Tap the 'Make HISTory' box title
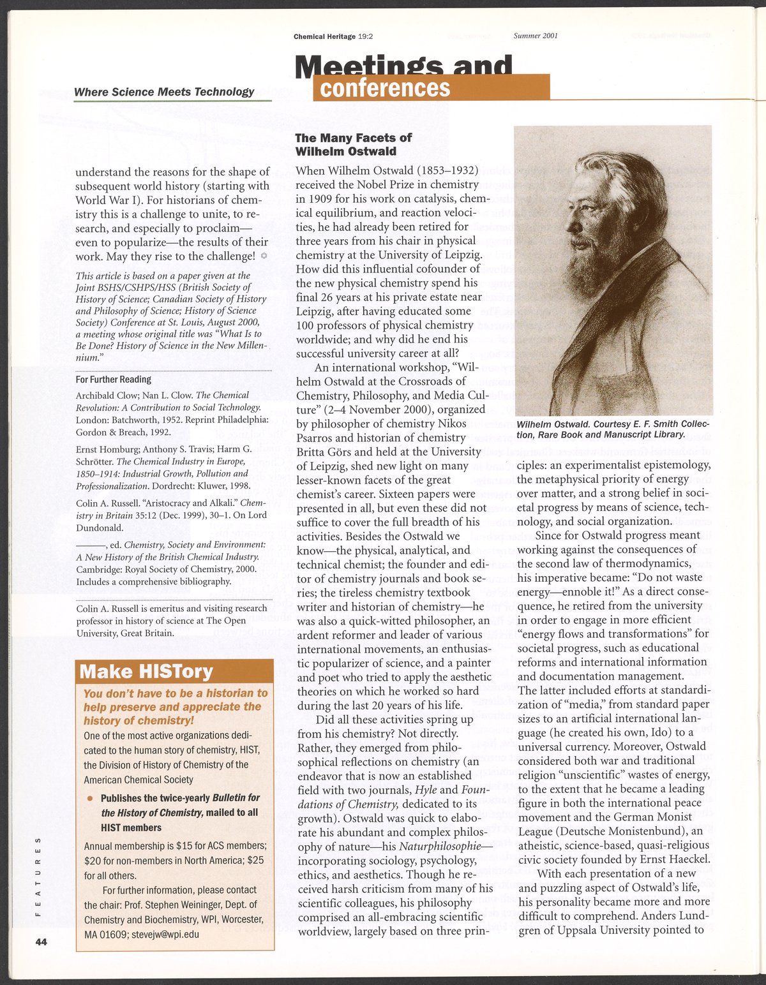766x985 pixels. pyautogui.click(x=146, y=672)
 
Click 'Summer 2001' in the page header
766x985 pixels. pyautogui.click(x=536, y=36)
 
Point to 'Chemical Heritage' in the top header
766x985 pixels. pyautogui.click(x=324, y=36)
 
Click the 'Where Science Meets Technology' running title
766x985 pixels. pyautogui.click(x=164, y=92)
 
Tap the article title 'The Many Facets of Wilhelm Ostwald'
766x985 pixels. pyautogui.click(x=353, y=145)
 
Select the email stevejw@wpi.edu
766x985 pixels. pyautogui.click(x=165, y=934)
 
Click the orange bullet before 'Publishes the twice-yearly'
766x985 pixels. pyautogui.click(x=91, y=799)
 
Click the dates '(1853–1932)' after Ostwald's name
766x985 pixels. pyautogui.click(x=447, y=171)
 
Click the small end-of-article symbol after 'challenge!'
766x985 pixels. pyautogui.click(x=264, y=256)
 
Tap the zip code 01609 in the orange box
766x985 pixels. pyautogui.click(x=114, y=934)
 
